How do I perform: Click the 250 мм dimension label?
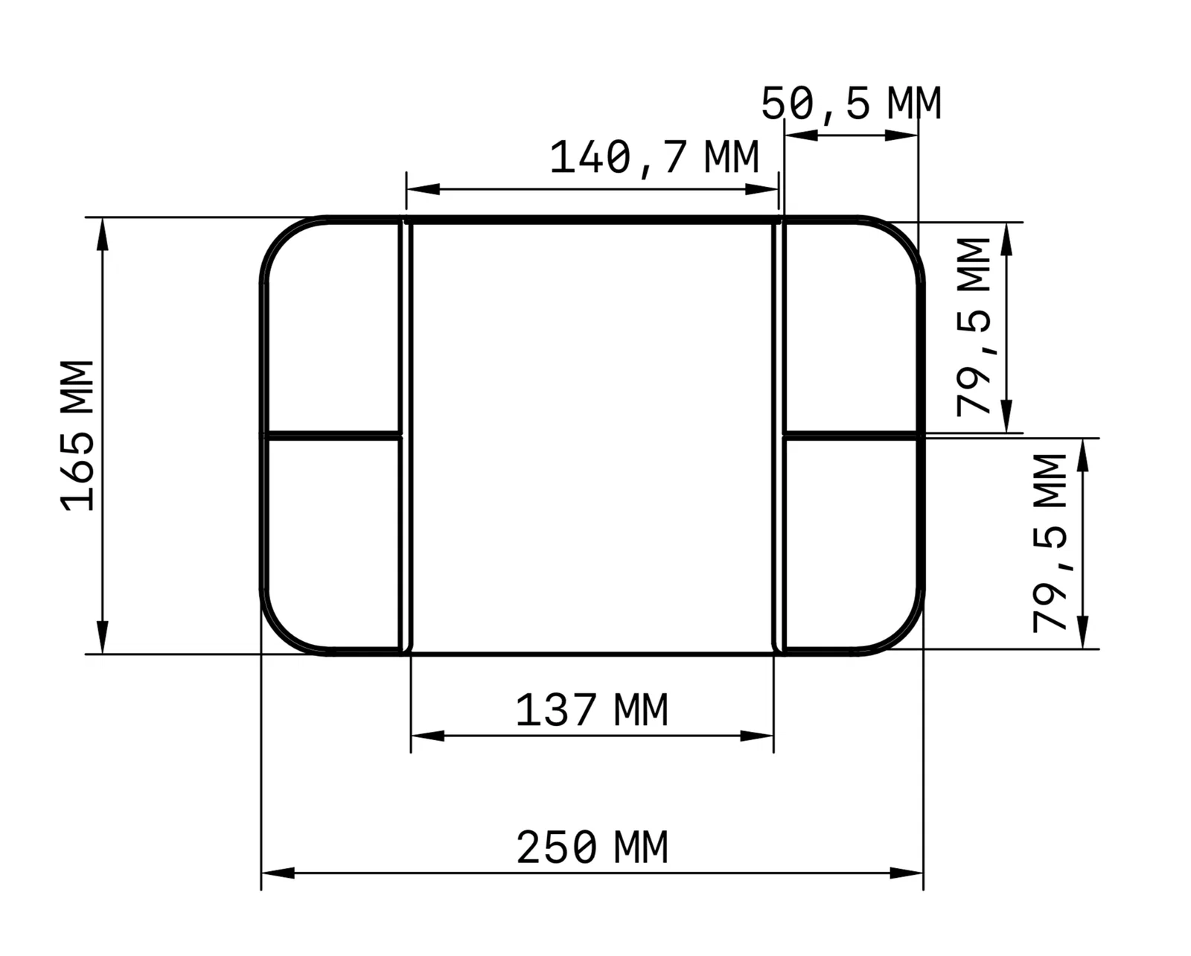pos(592,847)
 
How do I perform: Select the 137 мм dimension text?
pos(592,710)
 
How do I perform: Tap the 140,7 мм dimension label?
pos(654,158)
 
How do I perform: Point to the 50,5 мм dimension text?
pos(851,103)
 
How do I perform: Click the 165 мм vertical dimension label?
pos(77,435)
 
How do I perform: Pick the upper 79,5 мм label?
pos(973,327)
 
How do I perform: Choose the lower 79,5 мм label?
pos(1050,543)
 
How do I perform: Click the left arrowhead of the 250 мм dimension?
pos(278,873)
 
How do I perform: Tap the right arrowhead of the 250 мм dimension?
pos(907,873)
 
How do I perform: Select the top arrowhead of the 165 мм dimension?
pos(103,234)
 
